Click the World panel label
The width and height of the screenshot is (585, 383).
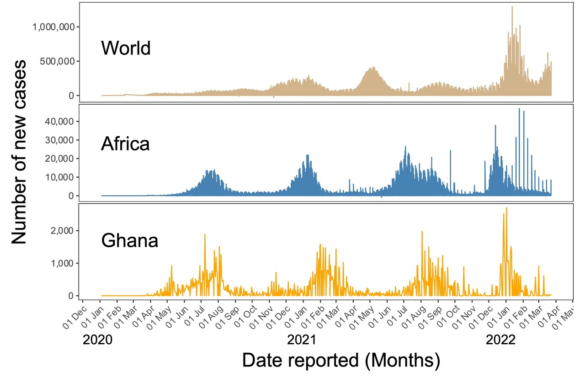pyautogui.click(x=126, y=48)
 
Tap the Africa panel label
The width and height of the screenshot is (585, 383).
pyautogui.click(x=125, y=144)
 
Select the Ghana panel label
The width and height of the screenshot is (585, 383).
pyautogui.click(x=130, y=240)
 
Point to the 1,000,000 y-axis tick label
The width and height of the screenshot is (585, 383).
pyautogui.click(x=54, y=27)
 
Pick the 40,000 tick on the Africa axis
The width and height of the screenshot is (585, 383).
pyautogui.click(x=61, y=121)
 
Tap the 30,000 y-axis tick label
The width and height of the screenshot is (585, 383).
pyautogui.click(x=61, y=140)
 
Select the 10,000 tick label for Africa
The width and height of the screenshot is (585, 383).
pyautogui.click(x=61, y=177)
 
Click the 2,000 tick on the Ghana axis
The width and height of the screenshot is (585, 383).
pyautogui.click(x=64, y=230)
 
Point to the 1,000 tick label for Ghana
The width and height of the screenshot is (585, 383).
pyautogui.click(x=64, y=263)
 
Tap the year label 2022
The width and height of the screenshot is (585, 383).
pyautogui.click(x=500, y=340)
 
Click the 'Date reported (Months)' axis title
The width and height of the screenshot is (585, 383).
pyautogui.click(x=340, y=361)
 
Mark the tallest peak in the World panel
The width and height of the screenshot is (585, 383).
pyautogui.click(x=512, y=7)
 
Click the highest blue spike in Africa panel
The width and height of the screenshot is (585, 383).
pyautogui.click(x=519, y=109)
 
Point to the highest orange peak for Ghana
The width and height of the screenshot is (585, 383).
pyautogui.click(x=506, y=208)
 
